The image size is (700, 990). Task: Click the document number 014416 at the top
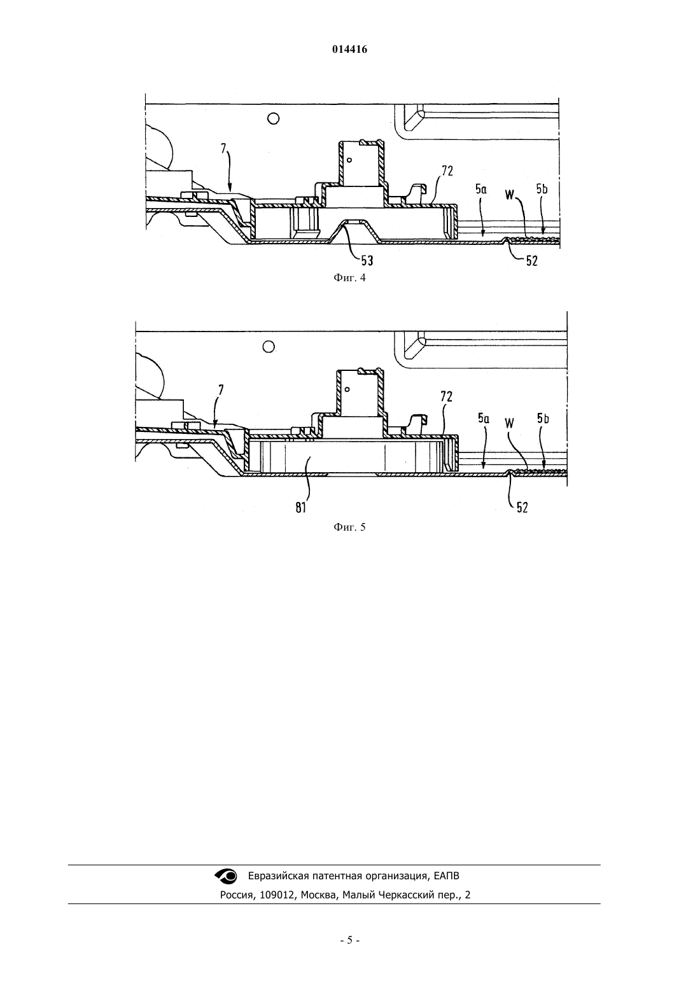point(349,50)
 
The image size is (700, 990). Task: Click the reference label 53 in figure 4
point(367,261)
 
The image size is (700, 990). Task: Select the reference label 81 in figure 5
point(300,508)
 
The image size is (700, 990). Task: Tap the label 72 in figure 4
point(447,171)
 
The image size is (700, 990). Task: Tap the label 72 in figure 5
point(446,397)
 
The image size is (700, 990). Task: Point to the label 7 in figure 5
point(221,390)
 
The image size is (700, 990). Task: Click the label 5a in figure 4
point(481,189)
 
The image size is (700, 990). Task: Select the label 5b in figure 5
point(543,418)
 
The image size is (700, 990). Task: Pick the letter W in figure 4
point(510,194)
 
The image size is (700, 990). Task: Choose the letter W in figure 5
point(509,423)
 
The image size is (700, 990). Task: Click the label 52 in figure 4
point(531,261)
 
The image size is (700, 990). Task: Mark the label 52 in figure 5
point(522,508)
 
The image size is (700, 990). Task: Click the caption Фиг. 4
point(349,277)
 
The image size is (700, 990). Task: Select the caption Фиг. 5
point(349,527)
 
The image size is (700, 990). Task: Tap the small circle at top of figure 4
point(274,118)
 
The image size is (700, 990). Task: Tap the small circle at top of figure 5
point(269,347)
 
